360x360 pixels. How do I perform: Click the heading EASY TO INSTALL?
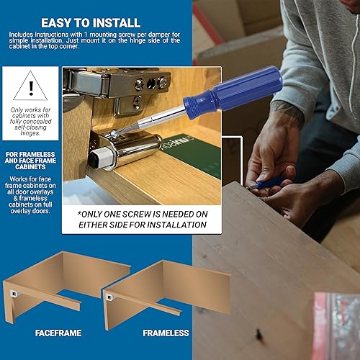[x=98, y=21]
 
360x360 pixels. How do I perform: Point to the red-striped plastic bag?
[x=336, y=324]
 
